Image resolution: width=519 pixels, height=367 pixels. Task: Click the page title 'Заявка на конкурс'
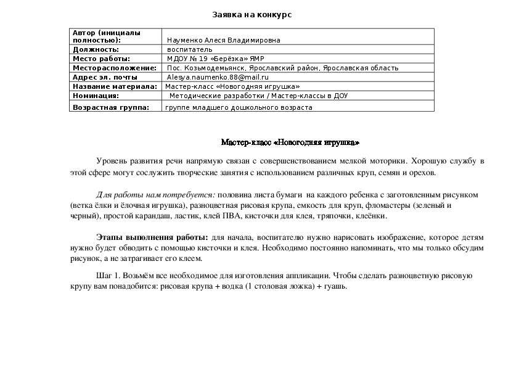[x=251, y=14]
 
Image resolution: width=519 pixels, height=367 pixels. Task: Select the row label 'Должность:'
[x=96, y=49]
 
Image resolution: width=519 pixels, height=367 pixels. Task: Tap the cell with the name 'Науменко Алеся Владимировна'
[x=223, y=40]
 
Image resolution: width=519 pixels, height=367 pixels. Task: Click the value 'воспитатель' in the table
[x=190, y=49]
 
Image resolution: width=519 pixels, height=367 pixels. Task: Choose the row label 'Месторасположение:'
[x=115, y=68]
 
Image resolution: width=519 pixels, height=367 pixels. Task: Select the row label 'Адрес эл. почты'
[x=105, y=77]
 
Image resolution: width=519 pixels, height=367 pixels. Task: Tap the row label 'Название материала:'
[x=115, y=87]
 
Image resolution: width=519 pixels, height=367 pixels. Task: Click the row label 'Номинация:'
[x=96, y=96]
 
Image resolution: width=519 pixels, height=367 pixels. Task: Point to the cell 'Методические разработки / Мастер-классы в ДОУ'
[x=258, y=96]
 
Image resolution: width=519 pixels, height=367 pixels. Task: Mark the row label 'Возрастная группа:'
[x=111, y=107]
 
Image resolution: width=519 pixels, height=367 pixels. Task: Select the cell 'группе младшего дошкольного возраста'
[x=239, y=107]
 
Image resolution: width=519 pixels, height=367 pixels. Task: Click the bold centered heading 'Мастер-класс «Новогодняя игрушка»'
[x=290, y=142]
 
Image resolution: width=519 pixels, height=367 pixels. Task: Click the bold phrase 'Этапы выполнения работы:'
[x=152, y=237]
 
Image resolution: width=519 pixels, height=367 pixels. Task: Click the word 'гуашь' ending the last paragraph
[x=337, y=287]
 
